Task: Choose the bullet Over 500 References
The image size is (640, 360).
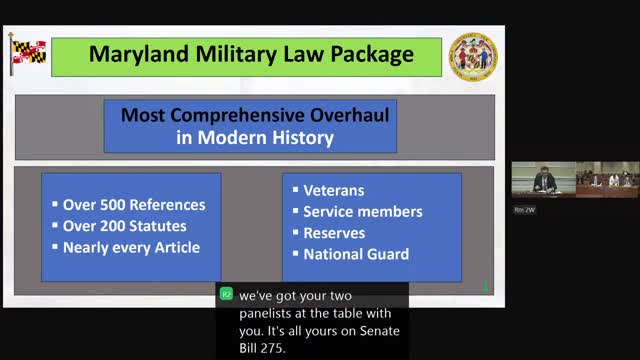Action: pos(133,205)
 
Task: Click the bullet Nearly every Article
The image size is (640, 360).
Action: pos(131,247)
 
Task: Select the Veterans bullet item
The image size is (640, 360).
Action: pos(333,190)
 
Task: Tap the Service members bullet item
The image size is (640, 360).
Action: pos(362,211)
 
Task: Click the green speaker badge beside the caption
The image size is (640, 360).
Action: pos(226,294)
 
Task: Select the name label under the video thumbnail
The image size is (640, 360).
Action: pos(524,210)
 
